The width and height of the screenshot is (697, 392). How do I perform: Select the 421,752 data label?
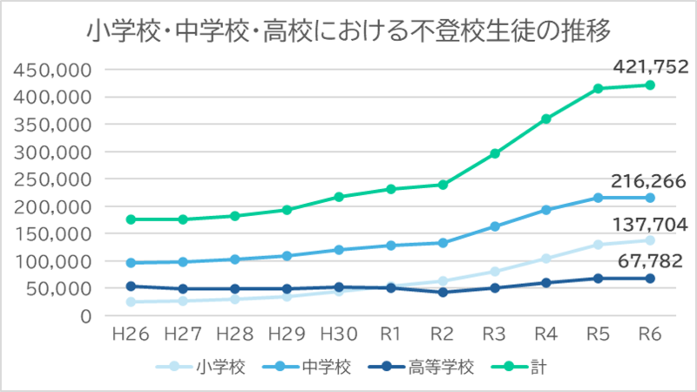[x=650, y=65]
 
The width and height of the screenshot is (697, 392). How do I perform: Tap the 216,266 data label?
[x=650, y=181]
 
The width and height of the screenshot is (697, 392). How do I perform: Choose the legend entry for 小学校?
[x=202, y=367]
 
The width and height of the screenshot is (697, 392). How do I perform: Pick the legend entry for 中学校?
[x=316, y=367]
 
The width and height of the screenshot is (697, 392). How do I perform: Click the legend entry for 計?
[x=531, y=367]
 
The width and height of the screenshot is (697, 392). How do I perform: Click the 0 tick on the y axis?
[x=85, y=316]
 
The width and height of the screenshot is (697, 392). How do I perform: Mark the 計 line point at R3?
[x=495, y=153]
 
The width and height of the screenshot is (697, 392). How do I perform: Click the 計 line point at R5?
[x=599, y=88]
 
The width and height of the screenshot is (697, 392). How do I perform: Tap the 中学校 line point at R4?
[x=546, y=210]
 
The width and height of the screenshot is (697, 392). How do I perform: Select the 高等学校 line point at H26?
[x=132, y=286]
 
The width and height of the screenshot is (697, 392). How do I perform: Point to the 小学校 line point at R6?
[x=650, y=240]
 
